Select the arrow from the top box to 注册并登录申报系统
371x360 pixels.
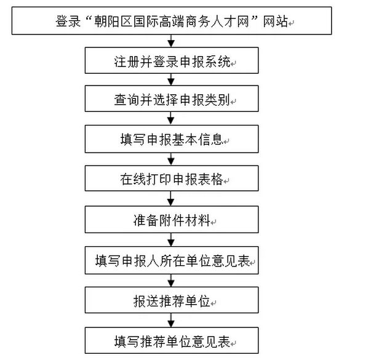click(x=171, y=42)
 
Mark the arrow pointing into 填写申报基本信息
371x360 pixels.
click(x=171, y=121)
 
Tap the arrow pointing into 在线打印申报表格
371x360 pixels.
click(x=171, y=160)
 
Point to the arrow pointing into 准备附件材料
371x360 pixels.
click(x=171, y=199)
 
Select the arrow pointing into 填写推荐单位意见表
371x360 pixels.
click(x=171, y=320)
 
